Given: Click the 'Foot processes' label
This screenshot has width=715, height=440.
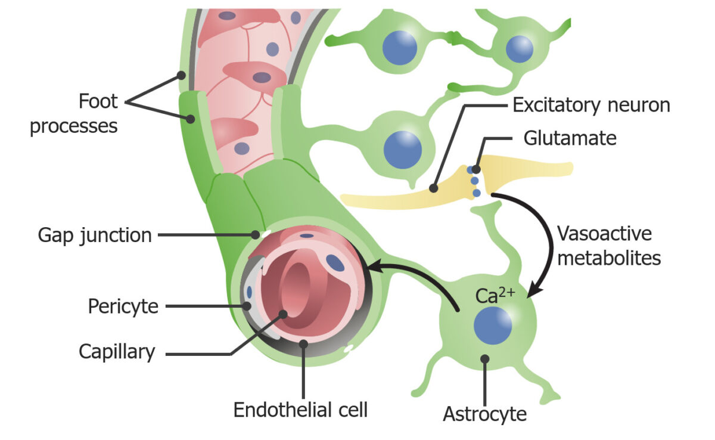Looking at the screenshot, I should click(x=74, y=114).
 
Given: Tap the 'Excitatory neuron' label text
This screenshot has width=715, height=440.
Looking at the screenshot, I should click(x=591, y=106).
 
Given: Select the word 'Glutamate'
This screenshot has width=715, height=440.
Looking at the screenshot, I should click(x=569, y=139).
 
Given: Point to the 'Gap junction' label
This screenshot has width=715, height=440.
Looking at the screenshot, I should click(x=95, y=235).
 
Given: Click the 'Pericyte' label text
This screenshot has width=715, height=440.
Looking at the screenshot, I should click(x=123, y=306).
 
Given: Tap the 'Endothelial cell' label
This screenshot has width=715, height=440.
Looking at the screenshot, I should click(x=300, y=410).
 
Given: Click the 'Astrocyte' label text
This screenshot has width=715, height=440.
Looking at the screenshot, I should click(x=484, y=413).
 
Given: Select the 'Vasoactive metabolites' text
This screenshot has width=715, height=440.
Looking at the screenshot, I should click(x=608, y=246).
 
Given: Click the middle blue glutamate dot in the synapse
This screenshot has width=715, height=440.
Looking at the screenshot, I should click(x=475, y=181).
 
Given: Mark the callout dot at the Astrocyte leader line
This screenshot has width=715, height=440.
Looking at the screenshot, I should click(x=485, y=359).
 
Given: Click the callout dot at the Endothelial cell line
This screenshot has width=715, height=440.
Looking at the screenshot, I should click(x=304, y=343).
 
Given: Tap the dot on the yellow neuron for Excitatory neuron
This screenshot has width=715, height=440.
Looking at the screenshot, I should click(x=434, y=188).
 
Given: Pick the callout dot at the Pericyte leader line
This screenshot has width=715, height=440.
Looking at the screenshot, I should click(x=247, y=306).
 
